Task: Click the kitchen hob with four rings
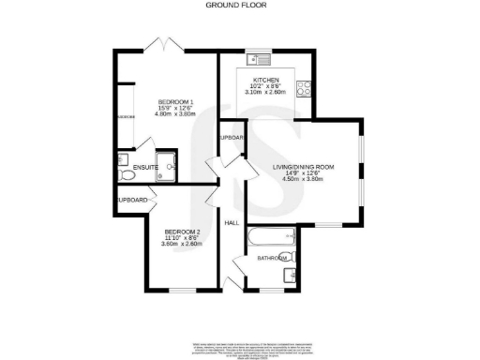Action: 304,90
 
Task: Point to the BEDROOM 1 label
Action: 175,101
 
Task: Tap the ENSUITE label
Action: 144,168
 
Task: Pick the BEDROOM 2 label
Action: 184,231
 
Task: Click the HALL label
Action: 232,223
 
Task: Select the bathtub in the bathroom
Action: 271,239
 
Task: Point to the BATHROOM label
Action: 272,257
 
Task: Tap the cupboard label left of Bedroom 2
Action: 132,200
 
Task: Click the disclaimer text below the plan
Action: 240,348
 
